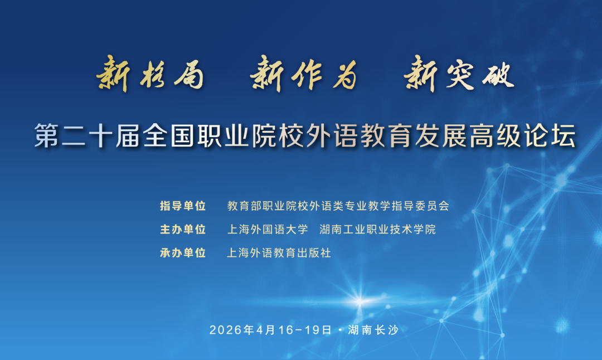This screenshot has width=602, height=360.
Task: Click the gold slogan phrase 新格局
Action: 150,74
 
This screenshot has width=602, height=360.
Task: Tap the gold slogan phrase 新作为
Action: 304,74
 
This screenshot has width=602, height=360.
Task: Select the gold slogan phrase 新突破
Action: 459,74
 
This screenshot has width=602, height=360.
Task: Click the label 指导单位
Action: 183,206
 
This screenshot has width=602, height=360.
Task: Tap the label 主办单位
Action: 183,230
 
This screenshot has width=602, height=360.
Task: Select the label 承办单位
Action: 183,253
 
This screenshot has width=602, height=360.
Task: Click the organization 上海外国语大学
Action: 268,230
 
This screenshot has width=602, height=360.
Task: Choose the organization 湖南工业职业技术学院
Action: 378,230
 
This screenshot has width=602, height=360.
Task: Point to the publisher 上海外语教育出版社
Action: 279,253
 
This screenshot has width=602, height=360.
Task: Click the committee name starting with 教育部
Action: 338,206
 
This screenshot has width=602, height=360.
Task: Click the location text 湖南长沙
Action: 373,330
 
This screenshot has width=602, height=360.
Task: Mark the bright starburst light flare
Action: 360,300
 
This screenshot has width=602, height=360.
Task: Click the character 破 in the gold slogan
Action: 498,74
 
